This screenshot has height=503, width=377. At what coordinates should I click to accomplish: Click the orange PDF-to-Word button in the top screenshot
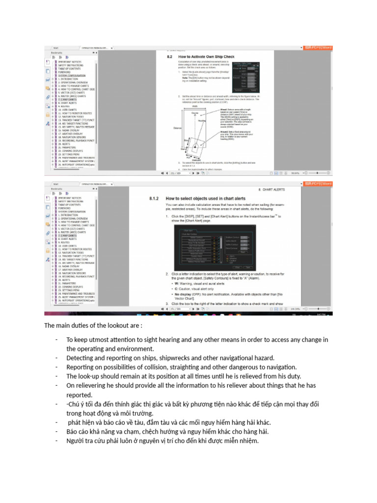point(319,48)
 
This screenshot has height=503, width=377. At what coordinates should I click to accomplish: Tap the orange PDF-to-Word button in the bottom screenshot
point(319,184)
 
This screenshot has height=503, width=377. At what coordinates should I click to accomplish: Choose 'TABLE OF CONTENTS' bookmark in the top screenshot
point(72,68)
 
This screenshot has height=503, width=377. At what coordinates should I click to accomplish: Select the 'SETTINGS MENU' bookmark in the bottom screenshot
point(70,290)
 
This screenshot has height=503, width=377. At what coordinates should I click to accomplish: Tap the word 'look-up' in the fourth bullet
point(89,376)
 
